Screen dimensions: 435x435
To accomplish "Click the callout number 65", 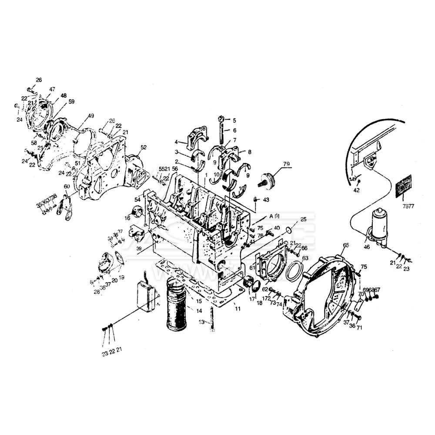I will (346, 245).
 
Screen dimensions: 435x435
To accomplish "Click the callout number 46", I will (367, 247).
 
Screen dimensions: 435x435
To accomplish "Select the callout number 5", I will (234, 120).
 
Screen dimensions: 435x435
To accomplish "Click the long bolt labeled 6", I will (222, 133).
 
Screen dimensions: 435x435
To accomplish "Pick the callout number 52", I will (144, 147).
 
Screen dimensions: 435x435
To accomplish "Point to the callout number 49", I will (90, 116).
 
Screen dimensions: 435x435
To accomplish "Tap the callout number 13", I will (201, 322).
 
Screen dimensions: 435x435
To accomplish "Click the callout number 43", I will (266, 199).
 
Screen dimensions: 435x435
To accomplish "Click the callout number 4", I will (177, 142).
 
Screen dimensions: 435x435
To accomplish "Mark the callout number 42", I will (357, 190).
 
